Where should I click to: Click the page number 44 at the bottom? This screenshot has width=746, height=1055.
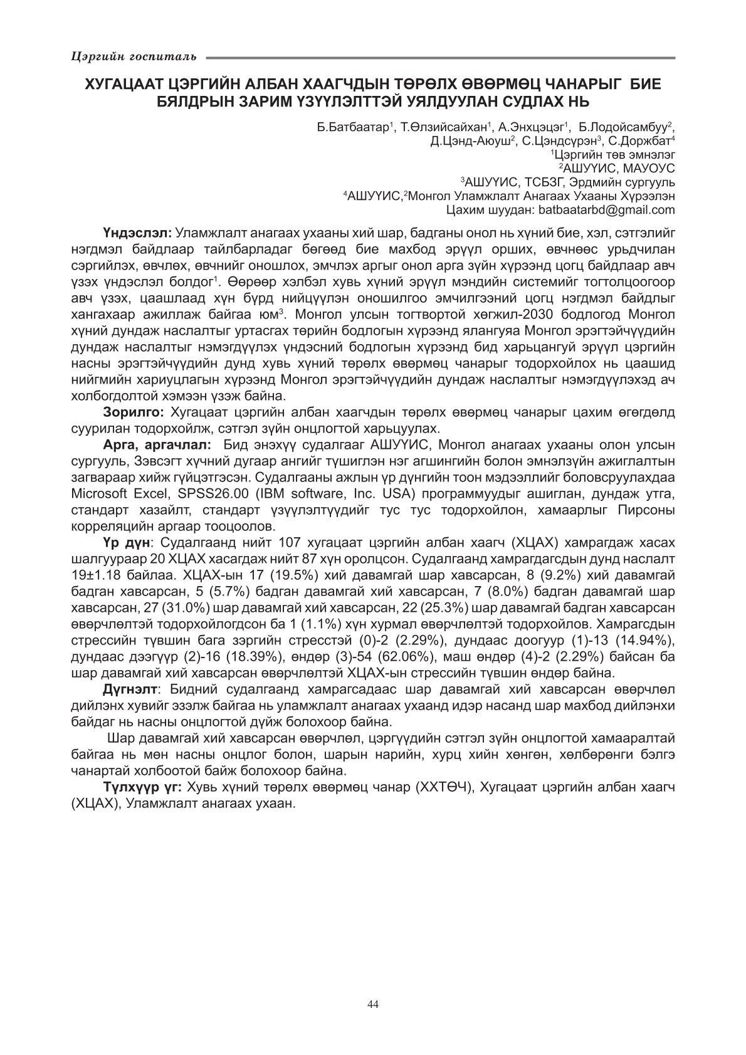373,1004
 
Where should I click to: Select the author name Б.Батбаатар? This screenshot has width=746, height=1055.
354,127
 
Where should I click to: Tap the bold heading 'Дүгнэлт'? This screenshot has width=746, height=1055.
129,690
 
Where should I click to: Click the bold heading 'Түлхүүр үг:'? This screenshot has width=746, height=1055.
142,787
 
